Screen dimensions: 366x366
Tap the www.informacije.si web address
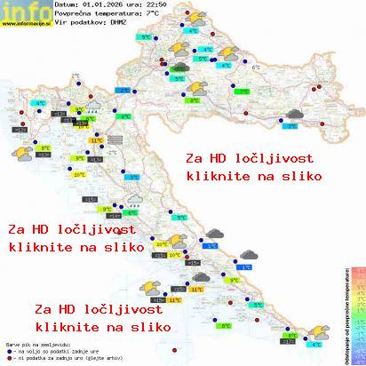coord(26,24)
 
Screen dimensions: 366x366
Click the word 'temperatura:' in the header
coord(119,14)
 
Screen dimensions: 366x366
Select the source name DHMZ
coord(117,23)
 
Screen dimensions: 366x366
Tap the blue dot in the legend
coord(7,349)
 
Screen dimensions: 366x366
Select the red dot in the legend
coord(7,356)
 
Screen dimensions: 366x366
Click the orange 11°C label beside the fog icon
coord(96,139)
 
